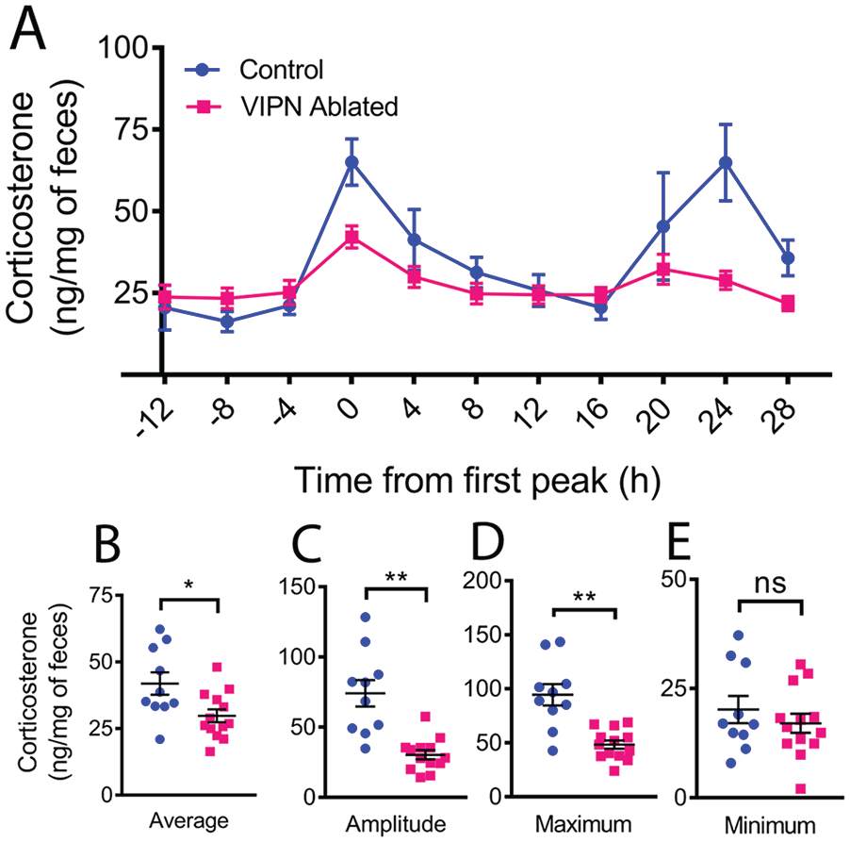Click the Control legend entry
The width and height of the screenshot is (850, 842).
253,70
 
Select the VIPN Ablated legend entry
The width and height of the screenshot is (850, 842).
291,107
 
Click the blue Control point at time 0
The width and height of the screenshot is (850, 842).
351,162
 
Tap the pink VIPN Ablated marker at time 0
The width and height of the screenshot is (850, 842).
351,237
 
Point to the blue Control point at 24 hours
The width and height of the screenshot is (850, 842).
726,163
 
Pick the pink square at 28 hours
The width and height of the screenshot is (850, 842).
788,304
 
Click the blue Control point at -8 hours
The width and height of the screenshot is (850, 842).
227,322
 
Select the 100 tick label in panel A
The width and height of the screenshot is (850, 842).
123,48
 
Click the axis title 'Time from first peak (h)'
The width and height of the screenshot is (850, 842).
478,481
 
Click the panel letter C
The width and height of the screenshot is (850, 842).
307,545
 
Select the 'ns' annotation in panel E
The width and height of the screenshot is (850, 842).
770,584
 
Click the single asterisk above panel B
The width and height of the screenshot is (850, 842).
188,586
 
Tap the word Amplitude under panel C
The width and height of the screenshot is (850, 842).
396,824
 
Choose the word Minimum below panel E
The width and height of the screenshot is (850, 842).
770,826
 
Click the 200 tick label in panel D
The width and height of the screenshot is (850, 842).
482,581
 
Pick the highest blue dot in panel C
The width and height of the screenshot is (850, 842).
366,617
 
